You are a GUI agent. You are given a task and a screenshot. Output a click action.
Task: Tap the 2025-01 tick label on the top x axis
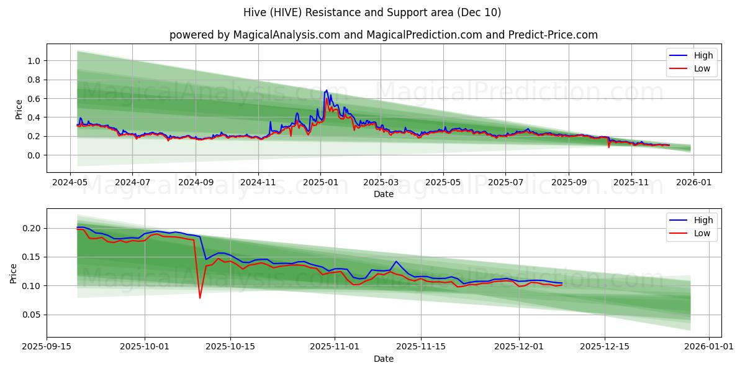pos(320,183)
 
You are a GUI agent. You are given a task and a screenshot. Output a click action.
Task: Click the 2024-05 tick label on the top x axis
pos(70,183)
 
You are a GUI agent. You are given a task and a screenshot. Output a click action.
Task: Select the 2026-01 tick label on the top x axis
pos(693,183)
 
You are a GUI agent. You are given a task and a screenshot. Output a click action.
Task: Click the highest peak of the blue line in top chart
pos(327,90)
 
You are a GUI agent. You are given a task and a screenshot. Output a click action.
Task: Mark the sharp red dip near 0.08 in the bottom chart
pos(200,298)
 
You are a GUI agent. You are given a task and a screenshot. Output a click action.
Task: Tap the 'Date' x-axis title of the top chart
pos(383,194)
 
